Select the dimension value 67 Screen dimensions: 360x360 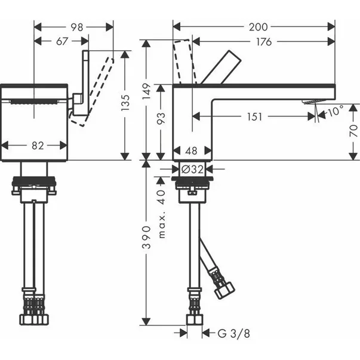point(61,41)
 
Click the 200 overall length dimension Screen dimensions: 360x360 point(259,27)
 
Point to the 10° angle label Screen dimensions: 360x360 point(334,111)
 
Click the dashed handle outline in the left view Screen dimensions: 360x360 point(96,90)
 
